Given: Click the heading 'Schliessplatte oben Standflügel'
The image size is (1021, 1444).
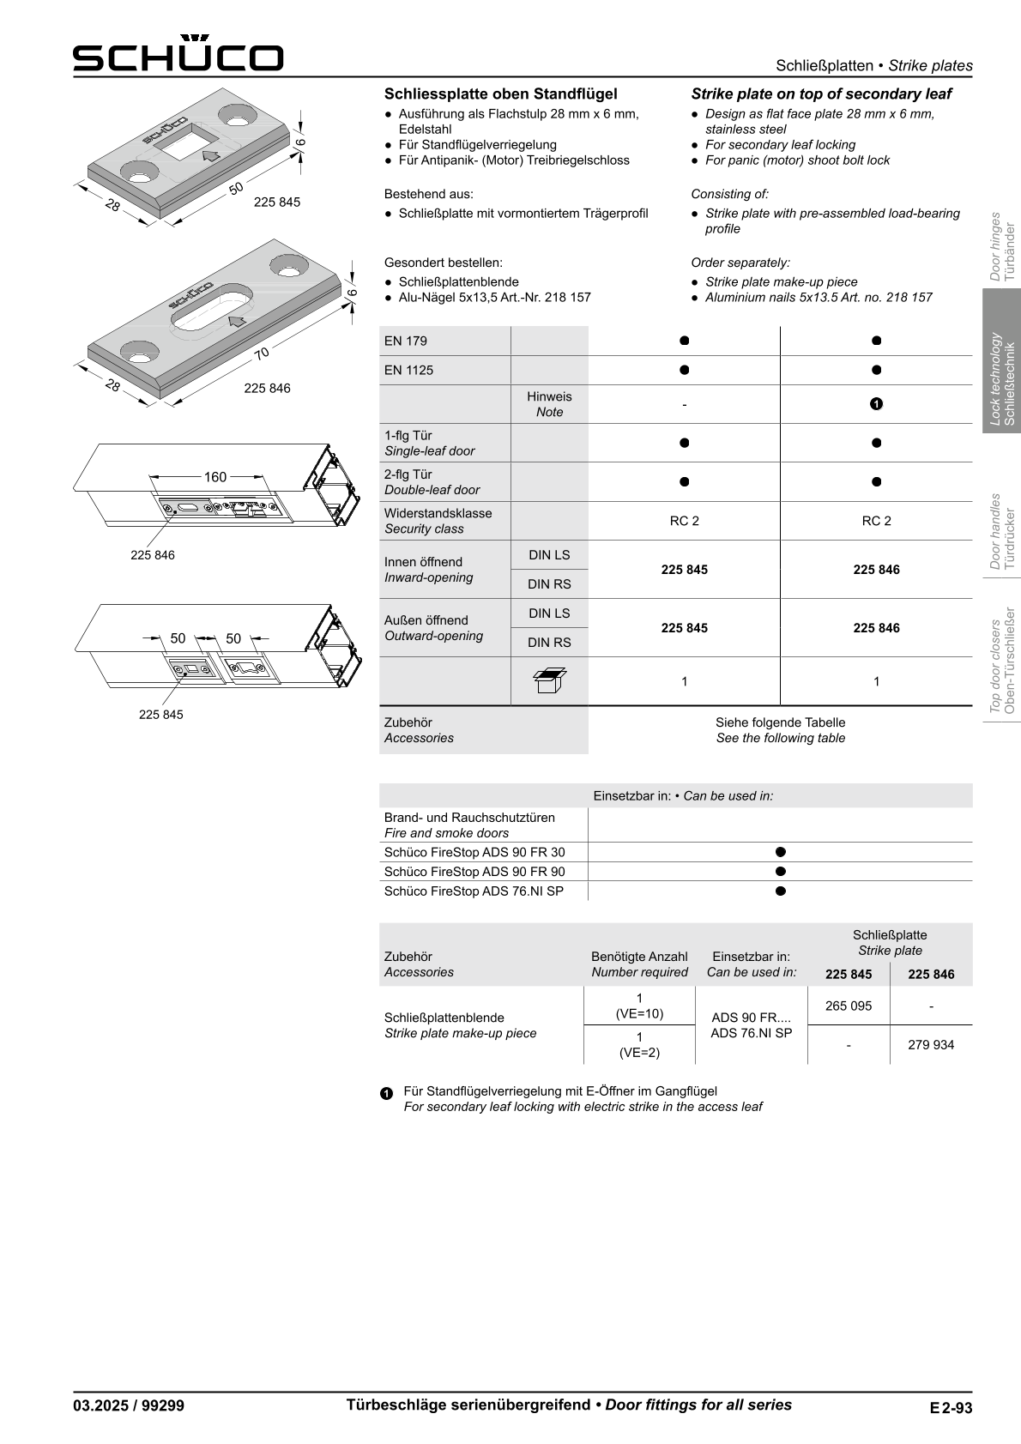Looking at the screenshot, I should point(500,94).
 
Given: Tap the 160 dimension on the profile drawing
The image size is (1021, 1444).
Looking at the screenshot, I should point(214,477).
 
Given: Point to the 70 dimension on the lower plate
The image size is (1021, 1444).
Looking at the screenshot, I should point(262,352).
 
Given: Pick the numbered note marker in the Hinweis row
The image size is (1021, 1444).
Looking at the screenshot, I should point(876,404).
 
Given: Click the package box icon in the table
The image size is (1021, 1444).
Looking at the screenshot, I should point(549,680).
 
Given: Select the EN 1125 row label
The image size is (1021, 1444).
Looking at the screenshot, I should point(409,370).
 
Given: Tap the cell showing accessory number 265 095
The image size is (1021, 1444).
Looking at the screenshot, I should point(849,1006).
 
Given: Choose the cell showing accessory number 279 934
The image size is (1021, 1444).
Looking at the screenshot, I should point(931,1045).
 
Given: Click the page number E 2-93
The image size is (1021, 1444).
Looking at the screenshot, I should point(950,1407).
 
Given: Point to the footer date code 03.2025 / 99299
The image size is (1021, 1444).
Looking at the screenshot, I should point(129,1405).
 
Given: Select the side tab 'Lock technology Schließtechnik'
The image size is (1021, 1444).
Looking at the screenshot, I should point(1002,379).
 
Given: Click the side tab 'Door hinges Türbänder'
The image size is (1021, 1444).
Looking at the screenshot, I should point(1002,247).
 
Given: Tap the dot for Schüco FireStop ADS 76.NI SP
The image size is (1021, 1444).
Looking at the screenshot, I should point(780,891).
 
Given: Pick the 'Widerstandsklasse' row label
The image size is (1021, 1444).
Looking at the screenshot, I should point(438,513).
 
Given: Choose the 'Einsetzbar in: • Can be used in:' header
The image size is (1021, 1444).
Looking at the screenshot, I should point(683,795).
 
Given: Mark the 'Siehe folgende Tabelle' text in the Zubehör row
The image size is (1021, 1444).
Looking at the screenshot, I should point(780,722).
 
